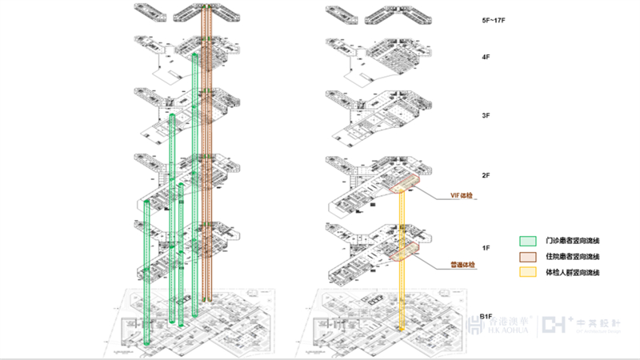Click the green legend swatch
[527, 240]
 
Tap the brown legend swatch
[527, 256]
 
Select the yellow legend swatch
[527, 273]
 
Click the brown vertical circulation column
[206, 160]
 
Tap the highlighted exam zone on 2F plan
[406, 184]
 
